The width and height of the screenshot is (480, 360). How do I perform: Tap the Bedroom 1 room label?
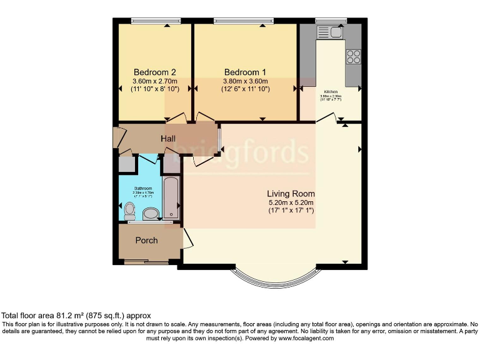[245, 72]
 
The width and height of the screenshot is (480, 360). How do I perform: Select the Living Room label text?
[291, 194]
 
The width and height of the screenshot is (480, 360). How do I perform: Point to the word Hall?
[168, 139]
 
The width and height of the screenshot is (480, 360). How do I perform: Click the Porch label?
[147, 240]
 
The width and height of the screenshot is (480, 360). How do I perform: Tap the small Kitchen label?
[330, 92]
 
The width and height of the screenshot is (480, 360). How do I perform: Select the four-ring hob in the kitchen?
[353, 56]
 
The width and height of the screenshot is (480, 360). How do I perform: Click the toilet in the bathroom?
[130, 209]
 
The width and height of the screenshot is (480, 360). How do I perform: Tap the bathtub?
[170, 197]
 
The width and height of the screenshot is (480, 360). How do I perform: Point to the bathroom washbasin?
[151, 214]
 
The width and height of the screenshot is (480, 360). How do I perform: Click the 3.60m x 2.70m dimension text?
[155, 81]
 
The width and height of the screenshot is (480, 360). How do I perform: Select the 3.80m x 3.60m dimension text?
[245, 81]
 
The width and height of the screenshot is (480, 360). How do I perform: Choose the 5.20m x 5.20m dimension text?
[291, 202]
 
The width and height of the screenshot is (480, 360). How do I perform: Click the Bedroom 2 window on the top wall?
[156, 21]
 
